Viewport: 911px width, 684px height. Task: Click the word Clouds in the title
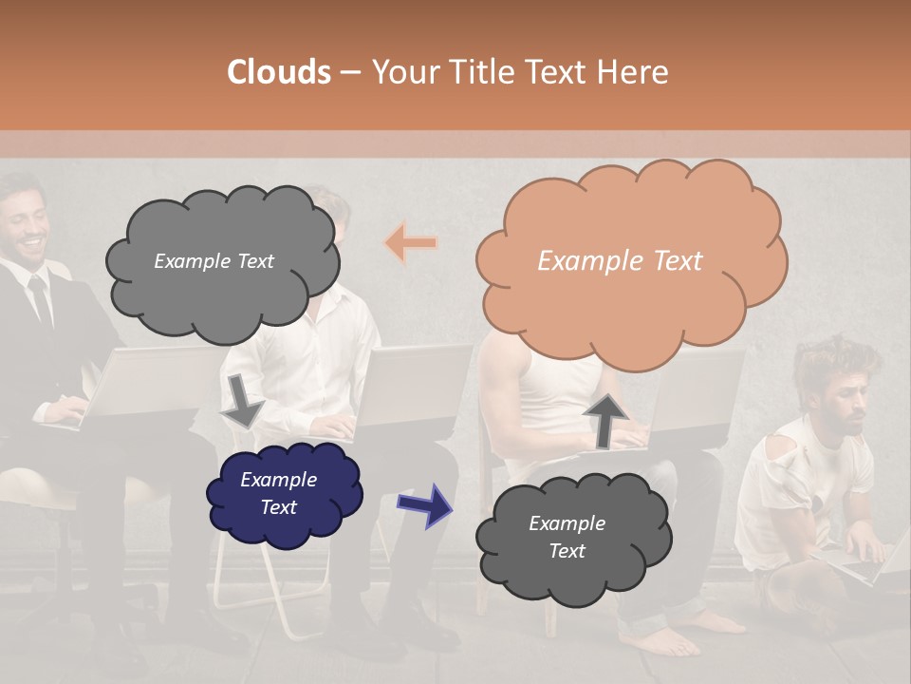(x=279, y=72)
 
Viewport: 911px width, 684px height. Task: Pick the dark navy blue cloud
(x=284, y=493)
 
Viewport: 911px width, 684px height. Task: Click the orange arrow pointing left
(x=411, y=243)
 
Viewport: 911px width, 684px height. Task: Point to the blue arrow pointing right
(x=425, y=505)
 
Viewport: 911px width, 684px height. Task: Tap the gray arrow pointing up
(x=604, y=419)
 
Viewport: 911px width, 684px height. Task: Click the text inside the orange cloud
(x=620, y=261)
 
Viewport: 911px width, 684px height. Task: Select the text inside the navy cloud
(x=278, y=493)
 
